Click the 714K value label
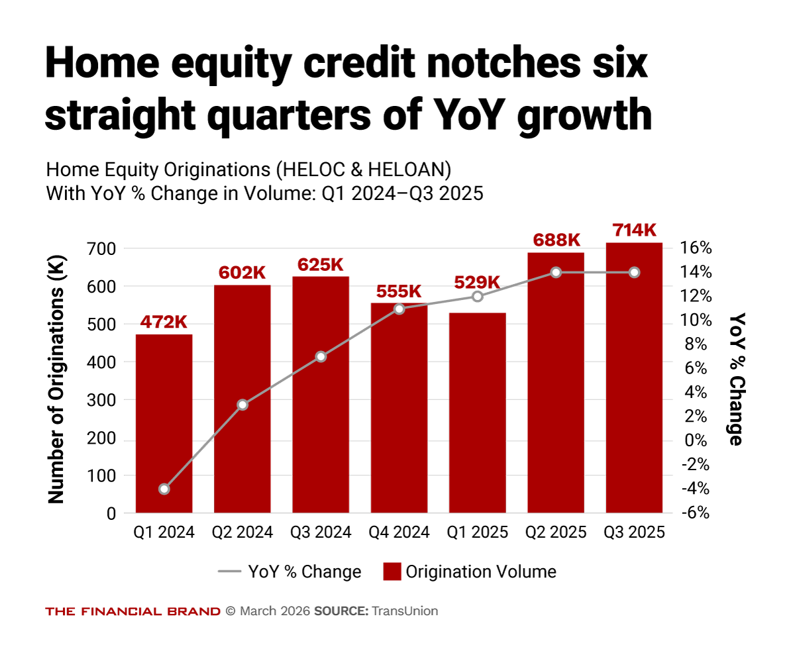[634, 230]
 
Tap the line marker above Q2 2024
[242, 405]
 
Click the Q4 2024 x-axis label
[399, 532]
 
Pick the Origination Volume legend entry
[470, 571]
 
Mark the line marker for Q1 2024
[164, 489]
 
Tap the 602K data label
[242, 273]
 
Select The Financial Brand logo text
[132, 611]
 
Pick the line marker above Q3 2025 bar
[634, 272]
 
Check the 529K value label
[477, 282]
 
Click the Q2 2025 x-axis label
[556, 532]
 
